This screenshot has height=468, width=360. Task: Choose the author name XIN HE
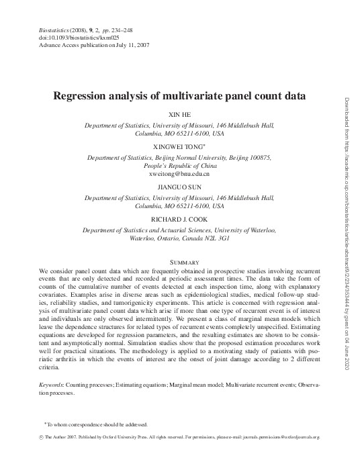tap(179, 115)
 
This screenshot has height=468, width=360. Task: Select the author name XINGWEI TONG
tap(178, 146)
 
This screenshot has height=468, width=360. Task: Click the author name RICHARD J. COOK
tap(179, 218)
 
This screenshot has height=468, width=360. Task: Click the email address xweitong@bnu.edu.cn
tap(179, 173)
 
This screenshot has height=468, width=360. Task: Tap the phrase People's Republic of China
tap(179, 165)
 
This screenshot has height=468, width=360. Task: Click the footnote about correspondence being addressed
tap(98, 424)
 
